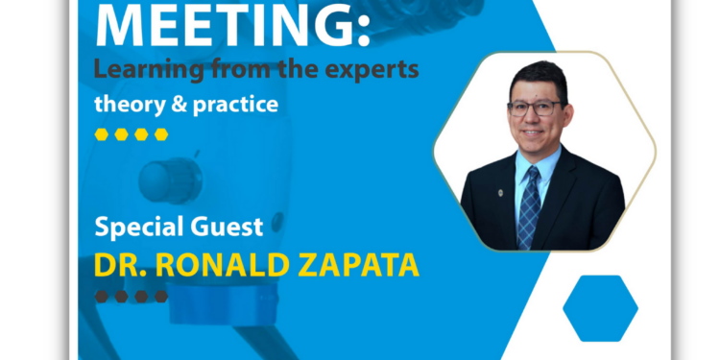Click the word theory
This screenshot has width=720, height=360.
125,104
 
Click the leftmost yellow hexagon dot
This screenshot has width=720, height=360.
102,134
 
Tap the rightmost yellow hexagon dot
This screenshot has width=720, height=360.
161,134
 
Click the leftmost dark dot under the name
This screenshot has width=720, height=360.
102,297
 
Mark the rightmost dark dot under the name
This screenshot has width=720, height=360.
161,297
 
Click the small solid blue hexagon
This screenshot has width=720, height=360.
600,308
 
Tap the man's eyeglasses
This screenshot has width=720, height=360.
534,108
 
